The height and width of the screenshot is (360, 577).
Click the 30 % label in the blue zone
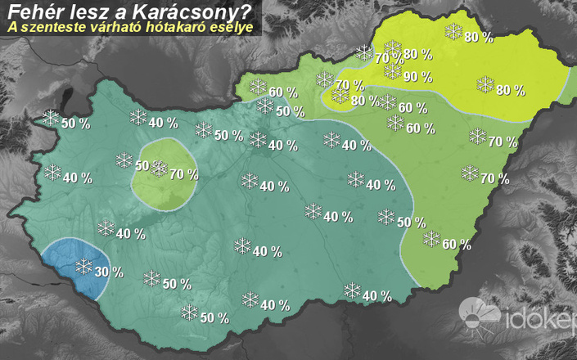click(109, 272)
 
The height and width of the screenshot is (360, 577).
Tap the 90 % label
click(417, 78)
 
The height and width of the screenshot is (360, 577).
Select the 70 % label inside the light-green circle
click(184, 173)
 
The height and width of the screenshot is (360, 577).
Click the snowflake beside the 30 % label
click(83, 266)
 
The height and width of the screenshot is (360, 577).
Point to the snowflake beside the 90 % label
click(393, 71)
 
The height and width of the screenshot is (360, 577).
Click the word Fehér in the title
click(32, 11)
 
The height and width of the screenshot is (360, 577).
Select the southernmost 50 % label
click(214, 317)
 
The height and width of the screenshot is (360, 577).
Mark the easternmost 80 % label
click(510, 90)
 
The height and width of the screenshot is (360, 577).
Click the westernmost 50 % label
click(75, 124)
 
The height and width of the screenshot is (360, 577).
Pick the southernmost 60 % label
click(456, 244)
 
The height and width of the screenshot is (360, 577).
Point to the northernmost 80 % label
click(478, 37)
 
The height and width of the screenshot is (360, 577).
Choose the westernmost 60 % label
click(282, 92)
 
